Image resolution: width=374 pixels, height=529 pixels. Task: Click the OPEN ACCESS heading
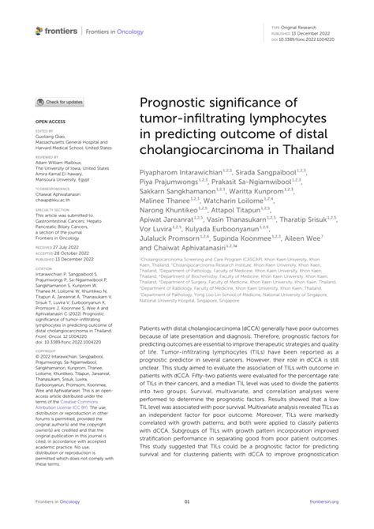click(50, 120)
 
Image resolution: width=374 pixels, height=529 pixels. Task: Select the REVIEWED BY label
click(47, 157)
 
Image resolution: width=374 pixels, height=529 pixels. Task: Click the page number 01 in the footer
click(187, 501)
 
